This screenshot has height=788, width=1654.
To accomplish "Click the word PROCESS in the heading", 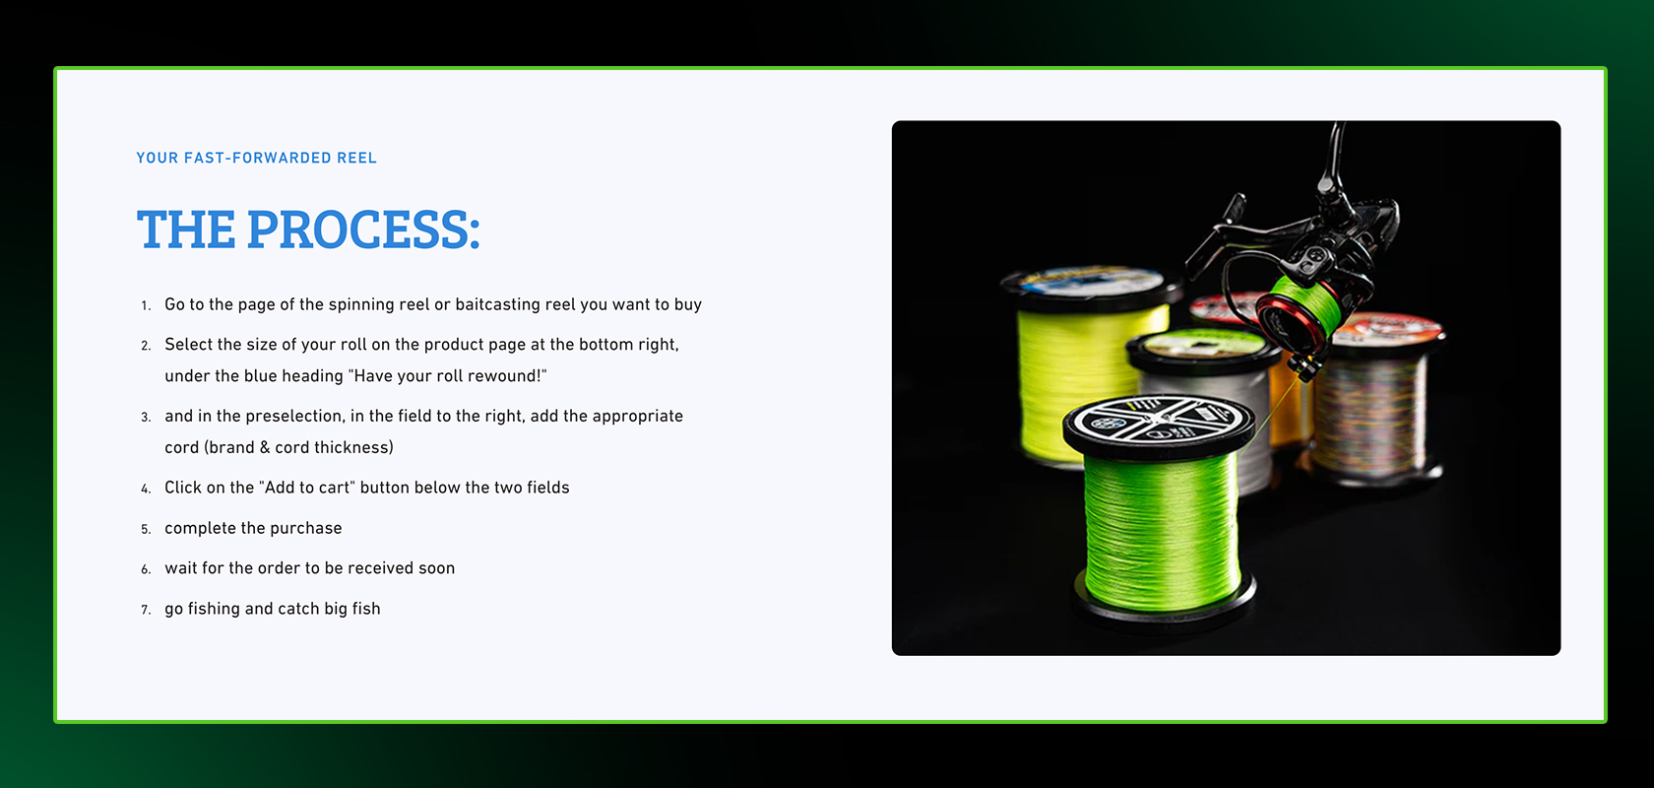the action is click(x=363, y=229).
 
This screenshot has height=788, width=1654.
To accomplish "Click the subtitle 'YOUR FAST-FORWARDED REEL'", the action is click(x=256, y=158).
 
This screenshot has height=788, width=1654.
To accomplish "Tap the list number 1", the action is click(x=146, y=305).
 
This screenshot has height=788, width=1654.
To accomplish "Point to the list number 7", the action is click(x=146, y=610).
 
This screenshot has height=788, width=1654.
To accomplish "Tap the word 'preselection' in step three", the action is click(x=293, y=417).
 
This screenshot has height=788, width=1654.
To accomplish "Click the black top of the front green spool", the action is click(x=1158, y=421).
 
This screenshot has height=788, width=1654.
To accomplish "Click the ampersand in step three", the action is click(x=264, y=448).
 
